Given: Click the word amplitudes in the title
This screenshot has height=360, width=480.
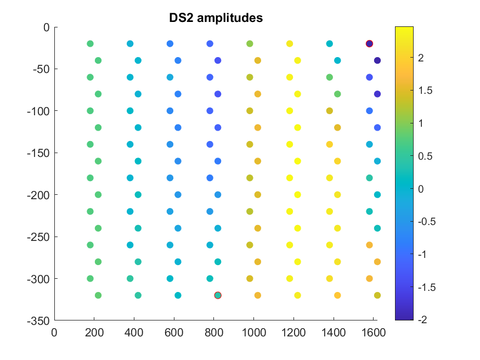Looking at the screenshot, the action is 230,18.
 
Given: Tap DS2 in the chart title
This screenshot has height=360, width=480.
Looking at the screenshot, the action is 182,18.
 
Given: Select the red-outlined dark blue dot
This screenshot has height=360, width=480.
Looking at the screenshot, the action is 369,44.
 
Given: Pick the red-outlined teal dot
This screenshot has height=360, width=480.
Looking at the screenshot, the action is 218,295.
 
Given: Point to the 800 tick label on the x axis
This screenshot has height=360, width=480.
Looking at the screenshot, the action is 214,333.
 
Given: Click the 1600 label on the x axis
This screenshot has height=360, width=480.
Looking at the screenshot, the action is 374,333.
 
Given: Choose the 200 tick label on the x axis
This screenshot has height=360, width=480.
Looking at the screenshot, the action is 94,333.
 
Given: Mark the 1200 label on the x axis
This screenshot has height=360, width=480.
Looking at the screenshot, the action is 293,333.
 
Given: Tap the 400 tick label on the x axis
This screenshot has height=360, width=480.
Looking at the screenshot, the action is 134,333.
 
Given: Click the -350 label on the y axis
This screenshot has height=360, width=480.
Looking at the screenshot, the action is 38,321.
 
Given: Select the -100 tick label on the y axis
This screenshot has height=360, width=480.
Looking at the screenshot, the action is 38,111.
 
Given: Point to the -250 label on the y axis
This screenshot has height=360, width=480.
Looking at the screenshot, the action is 38,237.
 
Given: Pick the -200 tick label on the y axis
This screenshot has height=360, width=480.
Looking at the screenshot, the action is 38,195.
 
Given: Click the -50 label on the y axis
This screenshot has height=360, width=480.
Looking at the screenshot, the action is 41,70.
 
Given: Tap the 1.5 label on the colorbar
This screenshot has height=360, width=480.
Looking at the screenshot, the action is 425,91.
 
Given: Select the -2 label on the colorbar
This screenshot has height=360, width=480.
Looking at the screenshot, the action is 422,319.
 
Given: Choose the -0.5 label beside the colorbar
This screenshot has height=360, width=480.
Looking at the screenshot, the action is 427,222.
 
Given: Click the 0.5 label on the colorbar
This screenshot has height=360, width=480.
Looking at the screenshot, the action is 425,156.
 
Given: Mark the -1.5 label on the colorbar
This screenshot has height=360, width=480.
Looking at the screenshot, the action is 427,288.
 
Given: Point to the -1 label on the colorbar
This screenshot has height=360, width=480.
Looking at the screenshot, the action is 422,255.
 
